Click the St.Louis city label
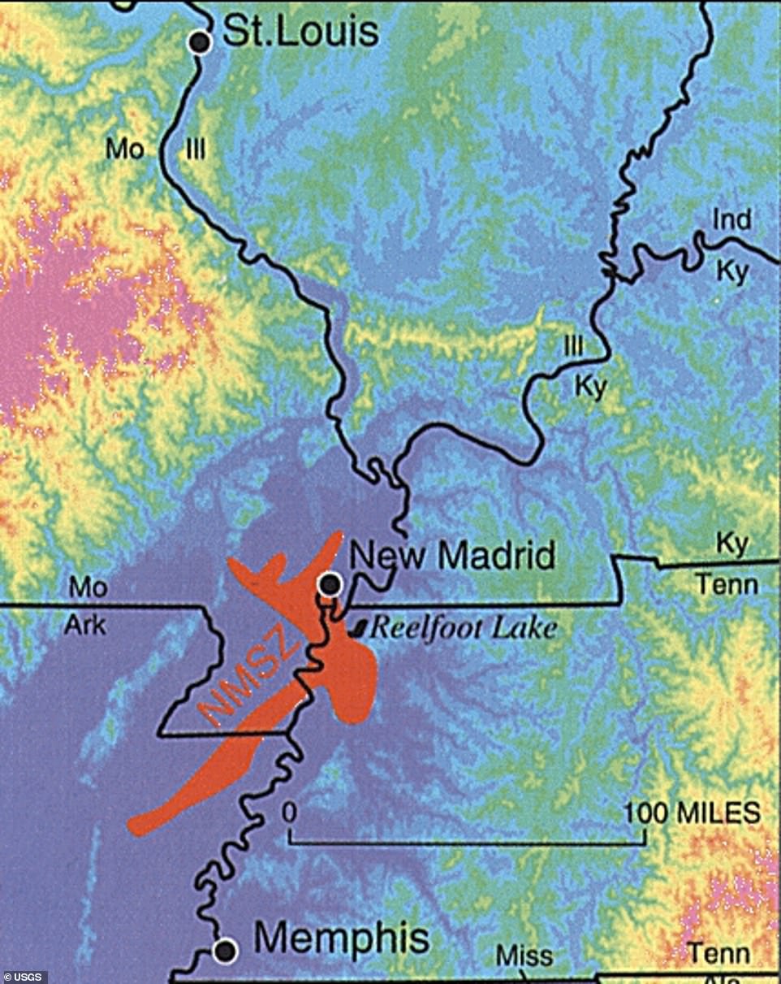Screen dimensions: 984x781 (x=300, y=32)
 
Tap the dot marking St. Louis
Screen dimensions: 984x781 (x=200, y=41)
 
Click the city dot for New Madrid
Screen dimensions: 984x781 (x=330, y=583)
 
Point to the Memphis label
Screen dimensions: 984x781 (x=342, y=938)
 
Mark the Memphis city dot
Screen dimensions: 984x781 (x=226, y=950)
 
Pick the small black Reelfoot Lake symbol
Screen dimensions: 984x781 (x=358, y=628)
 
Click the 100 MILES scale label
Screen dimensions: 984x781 (x=692, y=813)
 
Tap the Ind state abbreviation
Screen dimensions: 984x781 (x=731, y=219)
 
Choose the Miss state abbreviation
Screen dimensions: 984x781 (x=524, y=956)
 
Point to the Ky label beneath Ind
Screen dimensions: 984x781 (x=731, y=272)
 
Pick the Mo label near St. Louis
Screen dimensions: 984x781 (x=125, y=150)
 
